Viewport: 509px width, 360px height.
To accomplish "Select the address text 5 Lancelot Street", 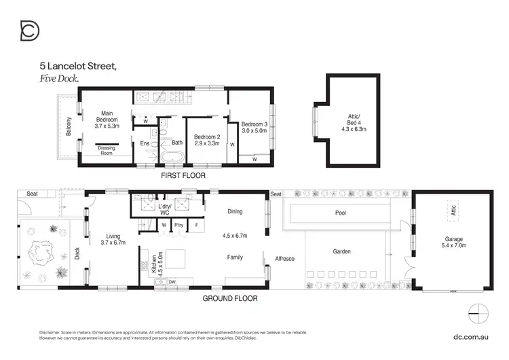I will click(x=78, y=67).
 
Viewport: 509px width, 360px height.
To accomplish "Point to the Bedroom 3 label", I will click(x=254, y=124).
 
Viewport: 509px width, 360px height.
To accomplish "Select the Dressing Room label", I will click(x=107, y=151).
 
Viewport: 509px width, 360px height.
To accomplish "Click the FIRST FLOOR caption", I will click(x=183, y=175).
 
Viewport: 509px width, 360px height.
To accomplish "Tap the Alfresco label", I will click(x=284, y=258).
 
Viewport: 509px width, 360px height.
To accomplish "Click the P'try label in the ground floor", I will click(x=179, y=225).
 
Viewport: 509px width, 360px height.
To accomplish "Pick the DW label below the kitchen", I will click(x=172, y=281).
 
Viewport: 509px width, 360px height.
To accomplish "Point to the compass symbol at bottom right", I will click(x=478, y=312).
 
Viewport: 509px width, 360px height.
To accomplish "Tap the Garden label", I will click(x=341, y=251).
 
